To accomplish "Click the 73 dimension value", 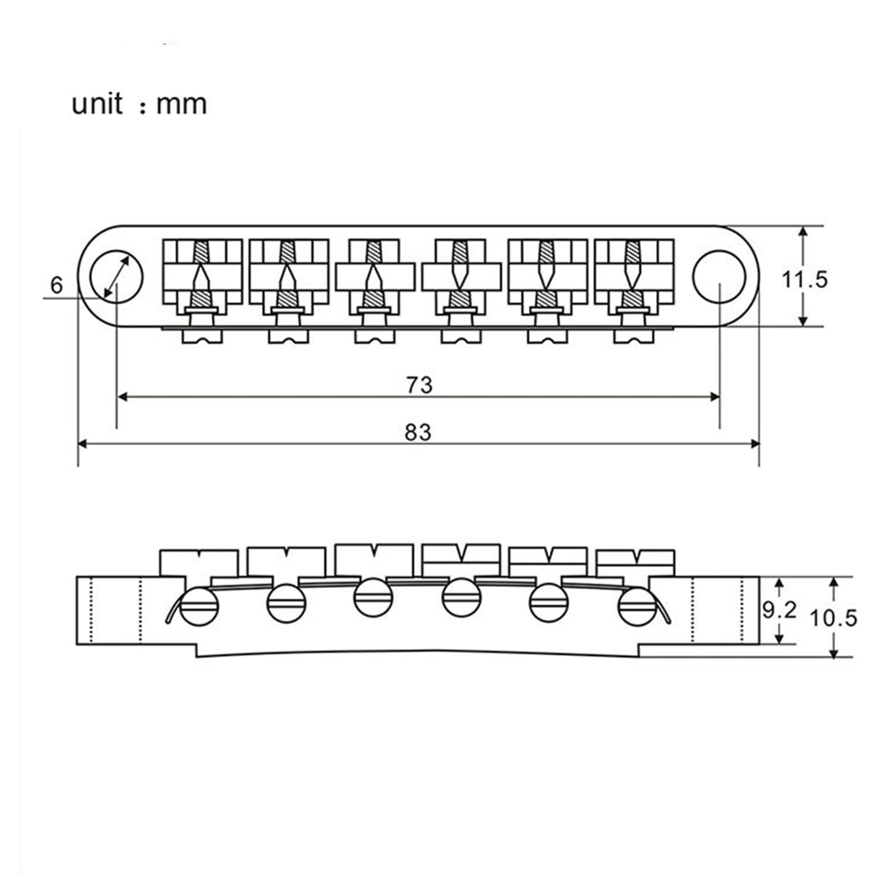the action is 419,385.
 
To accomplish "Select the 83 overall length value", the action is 418,432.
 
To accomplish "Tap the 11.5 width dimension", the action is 804,280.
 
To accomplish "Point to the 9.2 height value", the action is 780,610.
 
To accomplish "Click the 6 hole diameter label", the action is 57,285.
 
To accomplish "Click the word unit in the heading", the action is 97,104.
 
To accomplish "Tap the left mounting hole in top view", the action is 117,276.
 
